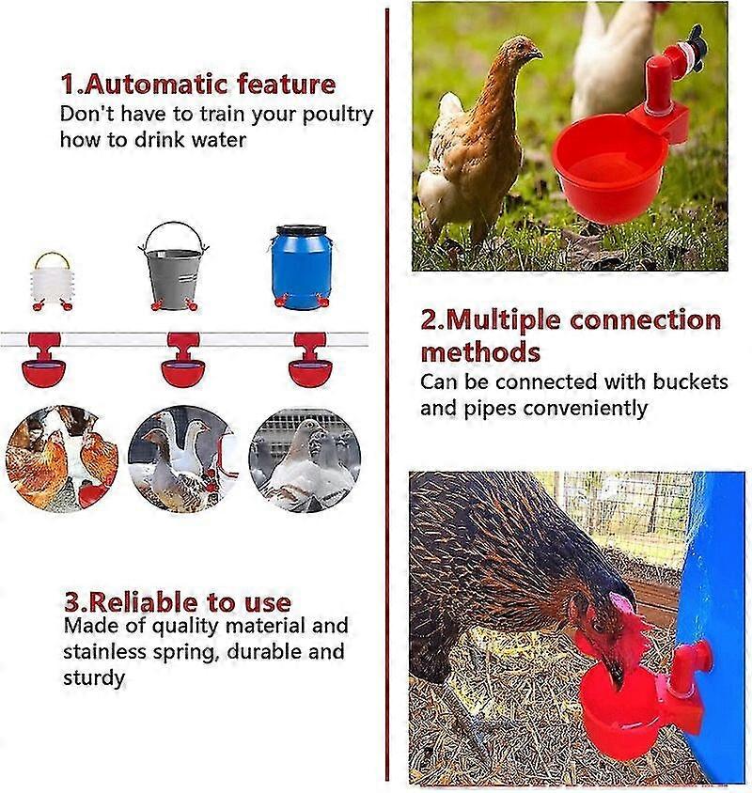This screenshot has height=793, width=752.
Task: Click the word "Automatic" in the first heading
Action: click(x=156, y=84)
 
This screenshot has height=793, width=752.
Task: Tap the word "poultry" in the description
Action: click(x=337, y=116)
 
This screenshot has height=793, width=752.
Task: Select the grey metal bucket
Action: click(x=174, y=266)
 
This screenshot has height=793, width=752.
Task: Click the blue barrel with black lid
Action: click(x=302, y=267)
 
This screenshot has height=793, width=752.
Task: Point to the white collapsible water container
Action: click(x=53, y=281)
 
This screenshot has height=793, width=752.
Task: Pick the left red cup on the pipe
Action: click(x=44, y=359)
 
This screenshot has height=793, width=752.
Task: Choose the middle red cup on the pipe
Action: click(x=183, y=359)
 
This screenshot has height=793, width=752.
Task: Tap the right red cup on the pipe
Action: click(x=310, y=359)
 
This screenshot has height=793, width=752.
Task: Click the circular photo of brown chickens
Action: click(x=62, y=459)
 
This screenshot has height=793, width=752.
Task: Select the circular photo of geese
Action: click(x=183, y=459)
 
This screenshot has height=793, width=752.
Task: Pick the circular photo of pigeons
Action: click(x=305, y=459)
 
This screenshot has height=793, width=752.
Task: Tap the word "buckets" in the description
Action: click(x=690, y=381)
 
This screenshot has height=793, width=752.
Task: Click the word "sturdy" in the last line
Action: click(x=94, y=678)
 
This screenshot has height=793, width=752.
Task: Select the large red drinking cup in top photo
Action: click(x=609, y=165)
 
